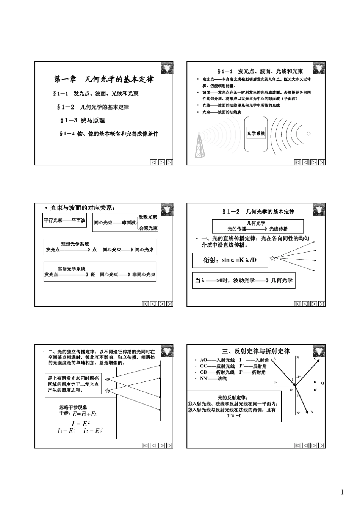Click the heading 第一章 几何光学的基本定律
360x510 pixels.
(x=104, y=79)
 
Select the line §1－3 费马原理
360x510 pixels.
(x=83, y=120)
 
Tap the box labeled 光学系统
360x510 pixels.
(x=256, y=133)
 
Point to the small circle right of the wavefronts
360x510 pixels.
(x=308, y=133)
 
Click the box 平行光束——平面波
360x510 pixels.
(x=64, y=220)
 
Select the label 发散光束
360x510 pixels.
(x=148, y=217)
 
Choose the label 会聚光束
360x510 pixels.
(x=148, y=228)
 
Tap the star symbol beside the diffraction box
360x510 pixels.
(x=272, y=259)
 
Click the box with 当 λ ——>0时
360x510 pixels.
(x=244, y=281)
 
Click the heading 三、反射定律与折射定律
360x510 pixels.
(x=256, y=351)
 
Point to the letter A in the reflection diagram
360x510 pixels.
(x=275, y=358)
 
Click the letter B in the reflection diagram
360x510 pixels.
(x=311, y=412)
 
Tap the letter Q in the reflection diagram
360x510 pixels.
(x=322, y=383)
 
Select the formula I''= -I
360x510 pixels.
(x=234, y=416)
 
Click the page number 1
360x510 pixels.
(x=342, y=493)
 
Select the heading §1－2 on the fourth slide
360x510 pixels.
(x=258, y=212)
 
